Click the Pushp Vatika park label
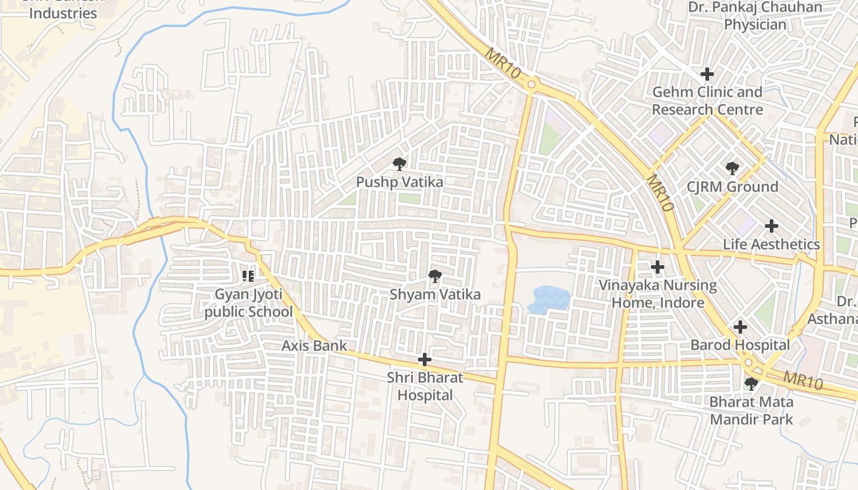click(x=400, y=182)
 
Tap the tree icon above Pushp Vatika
click(x=400, y=164)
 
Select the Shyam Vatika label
click(x=435, y=295)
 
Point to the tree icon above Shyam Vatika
click(x=435, y=276)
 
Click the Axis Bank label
click(x=314, y=345)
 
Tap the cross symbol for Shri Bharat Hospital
click(x=424, y=359)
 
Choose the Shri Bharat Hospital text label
click(x=425, y=386)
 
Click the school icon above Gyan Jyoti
click(x=248, y=276)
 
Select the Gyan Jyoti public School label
click(x=248, y=303)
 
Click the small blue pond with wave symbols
click(x=549, y=300)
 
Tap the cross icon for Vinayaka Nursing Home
click(x=658, y=267)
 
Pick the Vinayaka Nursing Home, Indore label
click(x=658, y=294)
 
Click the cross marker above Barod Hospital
click(x=740, y=327)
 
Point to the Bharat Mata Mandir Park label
click(x=751, y=411)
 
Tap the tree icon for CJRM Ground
click(x=732, y=168)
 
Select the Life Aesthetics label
click(x=771, y=244)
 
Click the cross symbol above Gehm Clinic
click(x=707, y=74)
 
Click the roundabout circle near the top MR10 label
click(x=531, y=85)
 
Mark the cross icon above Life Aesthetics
click(x=771, y=226)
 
